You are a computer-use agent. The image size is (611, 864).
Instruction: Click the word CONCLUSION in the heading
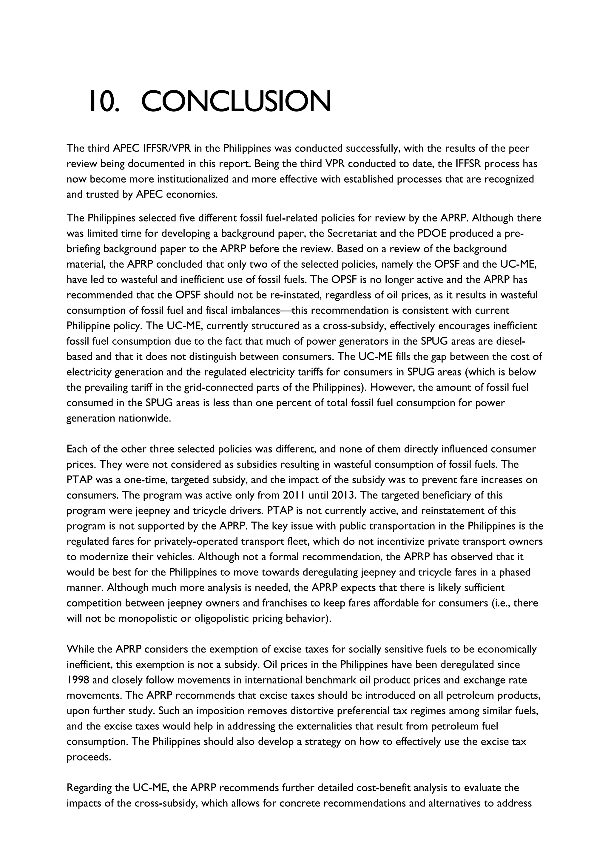(x=236, y=102)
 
